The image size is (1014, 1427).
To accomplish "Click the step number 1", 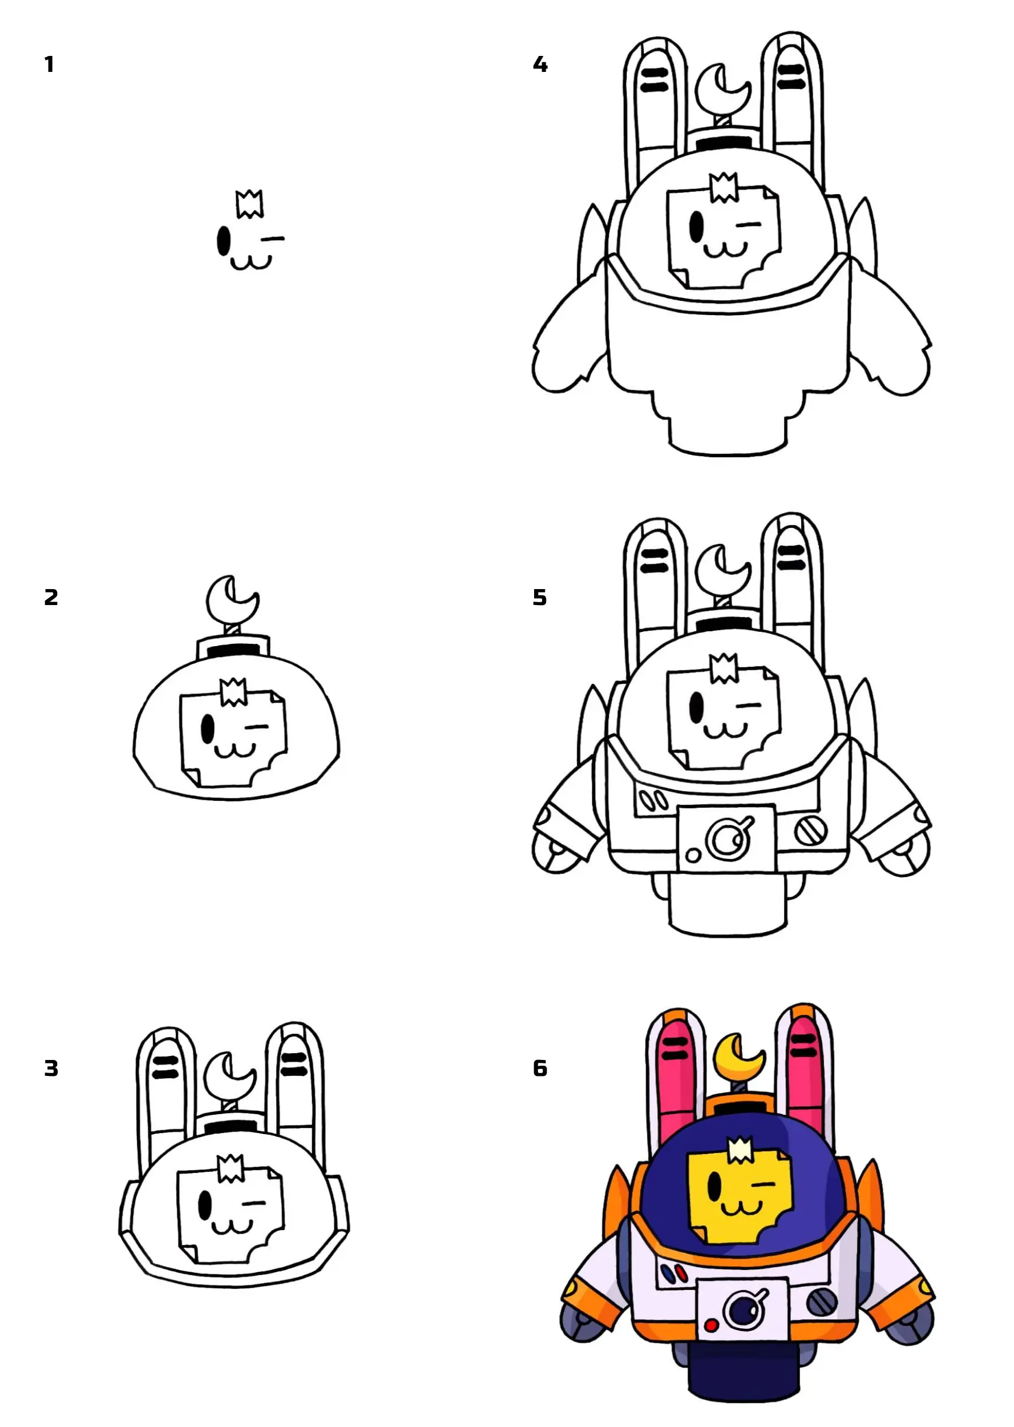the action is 49,65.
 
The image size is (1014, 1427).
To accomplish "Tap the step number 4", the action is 540,65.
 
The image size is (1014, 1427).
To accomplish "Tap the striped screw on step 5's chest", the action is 810,831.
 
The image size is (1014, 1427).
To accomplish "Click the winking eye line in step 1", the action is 272,239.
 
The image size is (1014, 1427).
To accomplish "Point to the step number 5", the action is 540,598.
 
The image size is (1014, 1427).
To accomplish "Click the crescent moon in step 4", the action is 722,87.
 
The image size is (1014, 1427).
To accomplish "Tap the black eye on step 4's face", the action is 696,227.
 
